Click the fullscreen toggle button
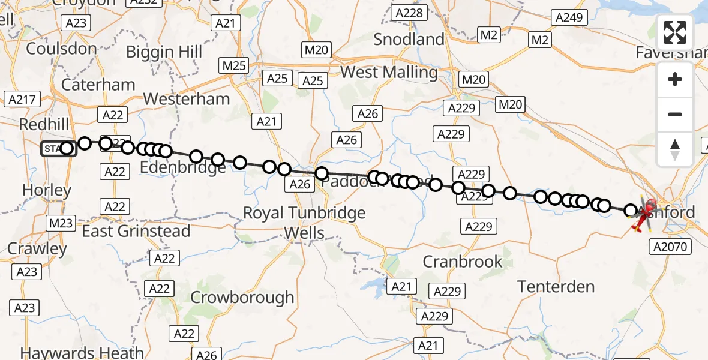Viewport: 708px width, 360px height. pyautogui.click(x=675, y=32)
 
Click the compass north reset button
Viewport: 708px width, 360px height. pyautogui.click(x=675, y=149)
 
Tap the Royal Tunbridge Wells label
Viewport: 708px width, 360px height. pyautogui.click(x=305, y=223)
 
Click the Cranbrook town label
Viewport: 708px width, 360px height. pyautogui.click(x=463, y=262)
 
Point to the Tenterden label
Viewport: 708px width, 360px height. pyautogui.click(x=556, y=287)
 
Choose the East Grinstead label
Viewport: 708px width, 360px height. pyautogui.click(x=136, y=231)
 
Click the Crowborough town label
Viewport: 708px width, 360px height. pyautogui.click(x=242, y=297)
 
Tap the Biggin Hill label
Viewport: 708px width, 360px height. pyautogui.click(x=164, y=52)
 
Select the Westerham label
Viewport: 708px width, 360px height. pyautogui.click(x=187, y=98)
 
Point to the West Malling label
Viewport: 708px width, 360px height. pyautogui.click(x=389, y=73)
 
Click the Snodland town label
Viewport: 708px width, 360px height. pyautogui.click(x=409, y=40)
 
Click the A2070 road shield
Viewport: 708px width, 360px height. pyautogui.click(x=672, y=246)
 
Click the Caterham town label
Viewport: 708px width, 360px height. pyautogui.click(x=98, y=85)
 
